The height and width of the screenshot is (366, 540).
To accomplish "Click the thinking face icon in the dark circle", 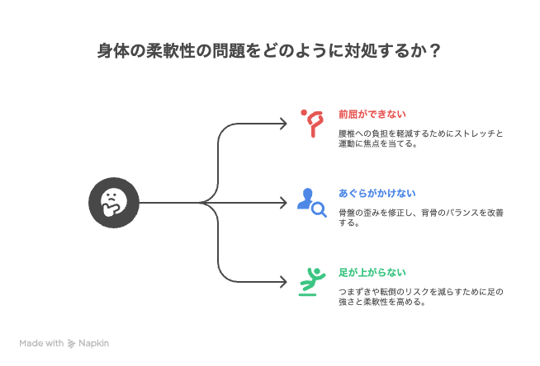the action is click(114, 203).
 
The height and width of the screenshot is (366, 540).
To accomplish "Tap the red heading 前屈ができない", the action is click(372, 114).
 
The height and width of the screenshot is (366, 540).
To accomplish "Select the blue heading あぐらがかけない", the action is click(377, 193).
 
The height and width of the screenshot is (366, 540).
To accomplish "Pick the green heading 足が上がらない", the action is click(372, 273).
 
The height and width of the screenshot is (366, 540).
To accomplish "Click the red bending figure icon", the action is click(312, 124).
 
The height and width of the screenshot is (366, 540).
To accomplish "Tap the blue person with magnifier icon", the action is click(311, 203).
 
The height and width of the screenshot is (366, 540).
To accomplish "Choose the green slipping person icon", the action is click(311, 282).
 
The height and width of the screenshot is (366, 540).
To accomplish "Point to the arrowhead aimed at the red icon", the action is click(283, 124).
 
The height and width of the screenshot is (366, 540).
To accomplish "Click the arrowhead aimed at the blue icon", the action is click(283, 203).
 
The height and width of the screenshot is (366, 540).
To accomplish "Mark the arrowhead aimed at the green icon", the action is click(283, 282).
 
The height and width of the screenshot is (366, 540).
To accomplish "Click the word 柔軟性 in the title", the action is click(171, 51).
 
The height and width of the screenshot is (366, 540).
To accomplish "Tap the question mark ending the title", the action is click(435, 51).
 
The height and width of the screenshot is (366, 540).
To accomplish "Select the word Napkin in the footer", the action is click(93, 343).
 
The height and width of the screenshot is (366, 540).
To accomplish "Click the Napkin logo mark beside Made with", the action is click(71, 343).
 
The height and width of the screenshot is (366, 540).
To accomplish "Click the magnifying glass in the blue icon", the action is click(319, 210).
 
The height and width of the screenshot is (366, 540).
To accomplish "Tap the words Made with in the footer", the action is click(41, 343).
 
